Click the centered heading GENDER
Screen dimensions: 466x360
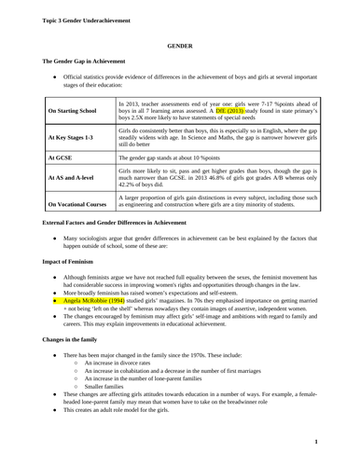coord(179,44)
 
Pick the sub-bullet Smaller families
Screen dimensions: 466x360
coord(105,398)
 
